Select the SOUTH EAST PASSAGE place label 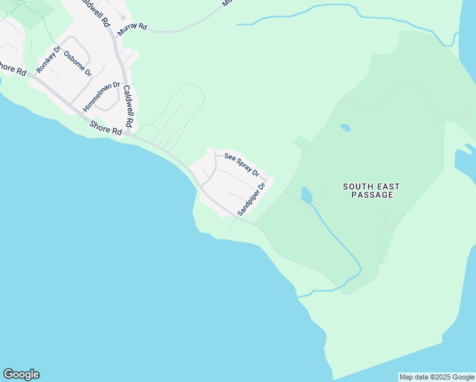[x=371, y=190]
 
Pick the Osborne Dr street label [x=78, y=64]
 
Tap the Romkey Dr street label [x=48, y=59]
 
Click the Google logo [x=21, y=374]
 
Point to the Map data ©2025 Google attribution [x=437, y=377]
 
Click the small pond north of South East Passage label [x=345, y=127]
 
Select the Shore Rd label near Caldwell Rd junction [x=106, y=128]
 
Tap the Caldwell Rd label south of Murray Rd [x=129, y=105]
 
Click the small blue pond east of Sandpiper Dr [x=306, y=194]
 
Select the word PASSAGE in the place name [x=371, y=195]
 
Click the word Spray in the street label [x=244, y=166]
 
